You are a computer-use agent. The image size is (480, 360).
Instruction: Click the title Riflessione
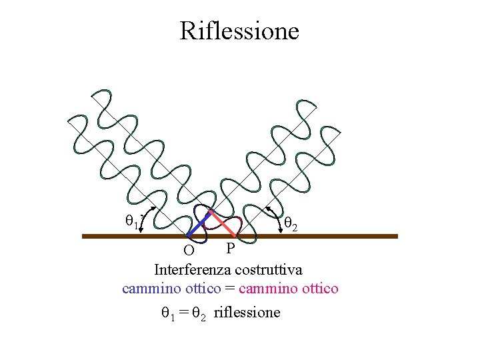point(239,31)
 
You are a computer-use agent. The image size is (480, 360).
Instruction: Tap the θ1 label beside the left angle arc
point(132,221)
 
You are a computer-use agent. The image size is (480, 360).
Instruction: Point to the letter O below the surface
point(189,252)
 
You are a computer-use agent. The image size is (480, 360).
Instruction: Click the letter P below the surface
point(230,249)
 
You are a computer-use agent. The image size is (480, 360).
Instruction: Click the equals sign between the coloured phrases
point(230,289)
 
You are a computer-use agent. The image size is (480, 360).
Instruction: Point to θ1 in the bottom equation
point(167,312)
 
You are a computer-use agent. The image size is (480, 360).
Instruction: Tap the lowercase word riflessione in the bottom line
point(247,312)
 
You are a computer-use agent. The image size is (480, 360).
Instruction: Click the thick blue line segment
point(199,224)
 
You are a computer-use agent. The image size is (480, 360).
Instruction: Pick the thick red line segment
point(224,224)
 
